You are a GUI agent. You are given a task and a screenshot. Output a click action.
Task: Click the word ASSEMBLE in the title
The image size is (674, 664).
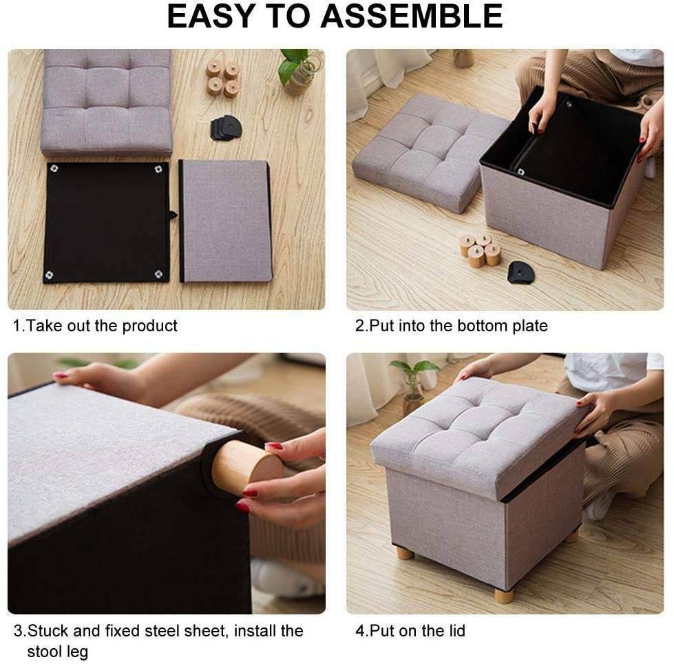pyautogui.click(x=412, y=17)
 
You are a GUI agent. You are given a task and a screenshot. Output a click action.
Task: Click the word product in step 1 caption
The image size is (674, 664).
pyautogui.click(x=149, y=326)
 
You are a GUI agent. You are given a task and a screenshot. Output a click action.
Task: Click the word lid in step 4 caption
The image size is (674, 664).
pyautogui.click(x=455, y=631)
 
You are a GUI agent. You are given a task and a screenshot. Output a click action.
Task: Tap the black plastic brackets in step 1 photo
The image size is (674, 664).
pyautogui.click(x=226, y=127)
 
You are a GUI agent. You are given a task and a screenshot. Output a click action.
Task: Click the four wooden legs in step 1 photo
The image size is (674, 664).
pyautogui.click(x=222, y=78)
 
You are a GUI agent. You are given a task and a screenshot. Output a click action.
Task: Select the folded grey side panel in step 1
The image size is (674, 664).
pyautogui.click(x=225, y=220)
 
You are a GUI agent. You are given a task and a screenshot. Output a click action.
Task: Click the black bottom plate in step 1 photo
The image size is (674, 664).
pyautogui.click(x=107, y=222)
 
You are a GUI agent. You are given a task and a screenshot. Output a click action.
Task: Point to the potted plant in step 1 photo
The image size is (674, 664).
pyautogui.click(x=299, y=70)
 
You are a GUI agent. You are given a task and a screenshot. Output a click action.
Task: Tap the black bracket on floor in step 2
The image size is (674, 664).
pyautogui.click(x=520, y=272)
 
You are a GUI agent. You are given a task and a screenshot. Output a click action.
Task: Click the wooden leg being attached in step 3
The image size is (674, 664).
pyautogui.click(x=246, y=464)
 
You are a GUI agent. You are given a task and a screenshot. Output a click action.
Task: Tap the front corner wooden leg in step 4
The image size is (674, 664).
pyautogui.click(x=503, y=596)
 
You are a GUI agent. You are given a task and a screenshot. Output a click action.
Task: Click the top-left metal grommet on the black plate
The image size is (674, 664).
pyautogui.click(x=54, y=168)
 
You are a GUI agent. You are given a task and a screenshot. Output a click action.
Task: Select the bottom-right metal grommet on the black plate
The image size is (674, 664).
pyautogui.click(x=158, y=274)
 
